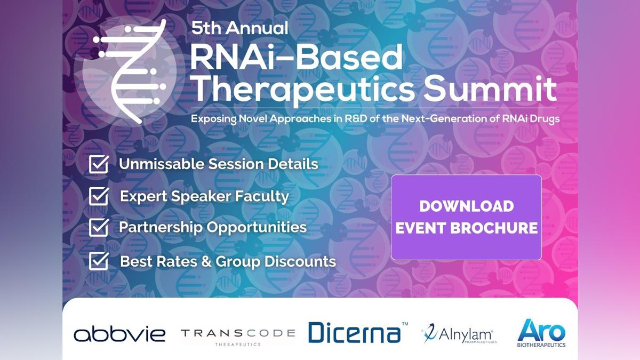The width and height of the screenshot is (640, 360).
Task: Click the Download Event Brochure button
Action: tap(466, 217)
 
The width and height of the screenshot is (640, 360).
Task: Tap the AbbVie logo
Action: tap(119, 334)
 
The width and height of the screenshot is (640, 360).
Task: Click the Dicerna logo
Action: tap(358, 332)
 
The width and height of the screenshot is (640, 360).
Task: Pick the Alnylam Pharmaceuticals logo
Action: tap(459, 334)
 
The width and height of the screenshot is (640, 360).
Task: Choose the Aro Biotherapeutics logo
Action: tap(541, 333)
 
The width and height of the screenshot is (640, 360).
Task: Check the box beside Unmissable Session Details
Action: tap(99, 164)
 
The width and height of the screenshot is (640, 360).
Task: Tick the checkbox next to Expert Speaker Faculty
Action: tap(99, 196)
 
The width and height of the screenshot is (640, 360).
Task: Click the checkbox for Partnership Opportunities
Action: tap(99, 227)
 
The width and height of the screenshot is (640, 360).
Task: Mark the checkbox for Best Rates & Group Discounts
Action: tap(99, 261)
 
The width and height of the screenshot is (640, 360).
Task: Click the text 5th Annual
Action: tap(239, 28)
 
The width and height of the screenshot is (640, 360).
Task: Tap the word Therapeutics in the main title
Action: tap(305, 90)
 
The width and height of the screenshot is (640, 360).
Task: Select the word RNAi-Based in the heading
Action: tap(297, 57)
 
